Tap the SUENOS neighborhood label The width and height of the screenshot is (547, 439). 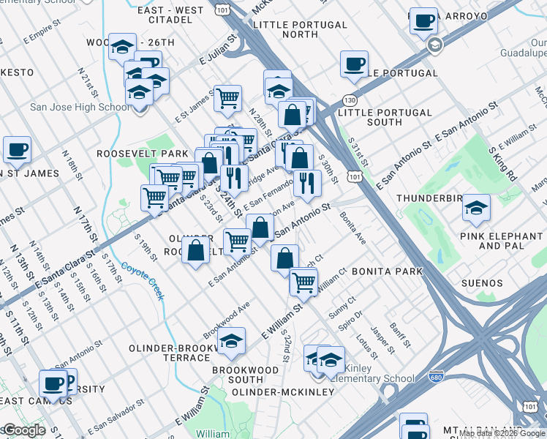tap(481, 283)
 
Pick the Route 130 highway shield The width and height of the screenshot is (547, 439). tap(352, 100)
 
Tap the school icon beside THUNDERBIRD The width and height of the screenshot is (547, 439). tap(476, 207)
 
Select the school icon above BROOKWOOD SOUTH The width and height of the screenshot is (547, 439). tap(231, 342)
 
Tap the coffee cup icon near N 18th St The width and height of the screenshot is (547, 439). tap(17, 149)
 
